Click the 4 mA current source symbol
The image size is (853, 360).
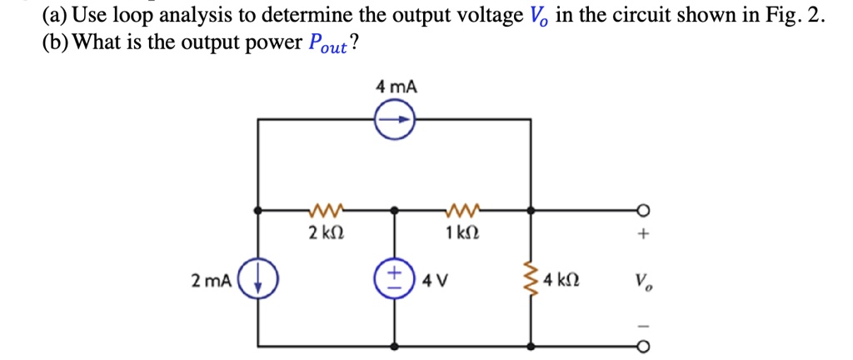(x=395, y=120)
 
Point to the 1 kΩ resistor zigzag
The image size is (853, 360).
(x=463, y=207)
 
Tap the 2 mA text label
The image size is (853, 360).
(x=212, y=281)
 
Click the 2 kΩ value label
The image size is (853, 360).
(x=326, y=234)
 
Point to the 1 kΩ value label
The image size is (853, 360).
(x=461, y=234)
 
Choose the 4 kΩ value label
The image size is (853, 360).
(x=561, y=281)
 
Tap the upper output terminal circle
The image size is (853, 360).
(x=644, y=209)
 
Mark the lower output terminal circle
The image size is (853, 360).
(x=644, y=346)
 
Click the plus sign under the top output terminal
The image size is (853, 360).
(x=644, y=234)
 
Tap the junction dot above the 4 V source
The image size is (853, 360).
(x=396, y=209)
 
